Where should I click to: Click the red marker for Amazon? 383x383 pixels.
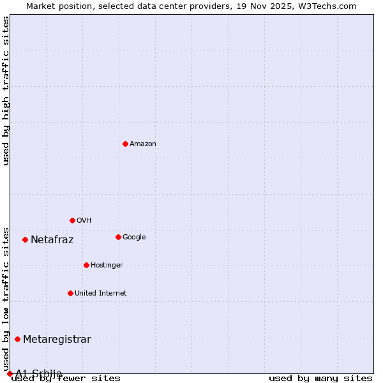click(125, 144)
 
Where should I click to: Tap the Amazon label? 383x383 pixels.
click(143, 144)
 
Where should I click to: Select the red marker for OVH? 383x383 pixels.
click(72, 220)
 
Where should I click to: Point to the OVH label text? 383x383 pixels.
click(84, 221)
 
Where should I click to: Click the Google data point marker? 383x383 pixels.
click(118, 237)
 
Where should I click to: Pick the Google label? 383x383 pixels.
click(134, 237)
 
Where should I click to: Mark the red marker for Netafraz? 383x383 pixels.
click(25, 239)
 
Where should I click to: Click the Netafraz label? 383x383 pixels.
click(52, 240)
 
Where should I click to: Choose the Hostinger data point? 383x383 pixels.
click(86, 265)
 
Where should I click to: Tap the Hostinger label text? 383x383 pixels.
click(107, 266)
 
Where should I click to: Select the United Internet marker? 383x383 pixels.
click(70, 293)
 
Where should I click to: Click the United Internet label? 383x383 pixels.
click(100, 294)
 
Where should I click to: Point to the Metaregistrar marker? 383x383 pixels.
click(17, 339)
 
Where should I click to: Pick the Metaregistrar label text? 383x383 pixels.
click(57, 340)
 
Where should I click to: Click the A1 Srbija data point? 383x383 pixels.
click(10, 373)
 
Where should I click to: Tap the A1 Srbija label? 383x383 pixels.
click(39, 373)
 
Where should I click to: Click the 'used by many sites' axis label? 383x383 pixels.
click(320, 379)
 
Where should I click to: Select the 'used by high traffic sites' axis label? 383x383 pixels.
click(6, 91)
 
